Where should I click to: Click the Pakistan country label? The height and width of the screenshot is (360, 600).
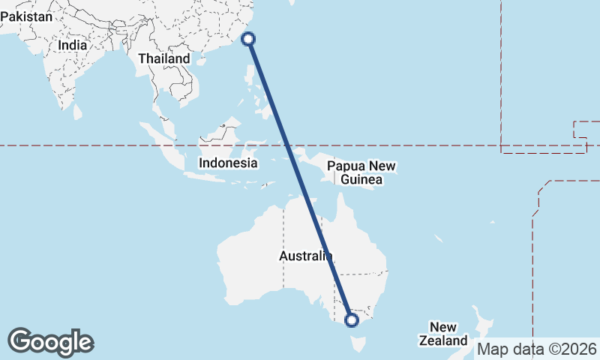tap(27, 16)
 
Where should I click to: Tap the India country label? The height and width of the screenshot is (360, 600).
tap(73, 45)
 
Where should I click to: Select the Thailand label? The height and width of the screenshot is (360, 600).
tap(164, 58)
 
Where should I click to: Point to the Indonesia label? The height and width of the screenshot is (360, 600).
tap(228, 163)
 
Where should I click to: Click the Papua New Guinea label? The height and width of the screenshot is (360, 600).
tap(361, 172)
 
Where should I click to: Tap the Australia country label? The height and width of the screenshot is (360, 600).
tap(304, 256)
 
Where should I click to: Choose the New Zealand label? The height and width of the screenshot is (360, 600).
tap(448, 334)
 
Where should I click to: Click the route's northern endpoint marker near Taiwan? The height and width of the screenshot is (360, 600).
tap(249, 39)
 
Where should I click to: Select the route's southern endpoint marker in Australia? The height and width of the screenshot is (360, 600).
tap(352, 320)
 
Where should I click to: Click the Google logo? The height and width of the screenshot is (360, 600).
tap(50, 342)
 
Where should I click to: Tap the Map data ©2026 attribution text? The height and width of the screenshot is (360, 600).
tap(537, 349)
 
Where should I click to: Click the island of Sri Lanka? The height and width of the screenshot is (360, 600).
tap(77, 111)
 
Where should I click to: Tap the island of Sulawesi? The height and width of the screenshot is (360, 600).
tap(253, 151)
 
